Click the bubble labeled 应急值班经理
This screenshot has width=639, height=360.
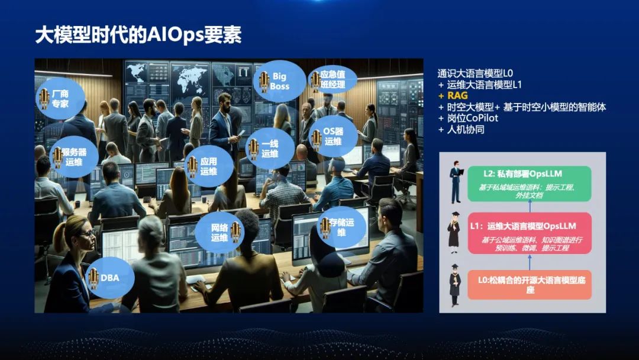[333, 80]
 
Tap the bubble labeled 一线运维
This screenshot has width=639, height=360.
[269, 149]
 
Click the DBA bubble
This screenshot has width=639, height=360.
[109, 278]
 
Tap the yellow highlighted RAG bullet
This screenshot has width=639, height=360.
[457, 95]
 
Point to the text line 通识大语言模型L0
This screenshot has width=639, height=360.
[475, 73]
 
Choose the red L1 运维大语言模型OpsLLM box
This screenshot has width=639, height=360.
[529, 233]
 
